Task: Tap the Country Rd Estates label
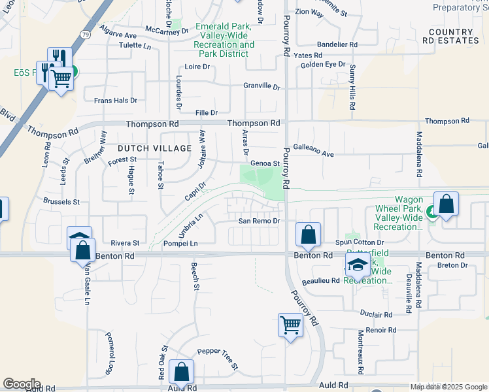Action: point(451,36)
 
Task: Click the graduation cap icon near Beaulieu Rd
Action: point(357,265)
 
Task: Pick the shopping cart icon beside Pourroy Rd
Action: point(290,324)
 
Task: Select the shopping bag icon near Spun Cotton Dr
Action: point(308,233)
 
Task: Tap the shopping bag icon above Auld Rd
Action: point(181,372)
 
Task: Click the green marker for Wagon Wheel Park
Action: point(431,212)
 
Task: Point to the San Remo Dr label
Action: point(259,221)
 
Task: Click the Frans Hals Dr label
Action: point(116,101)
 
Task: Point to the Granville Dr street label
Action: point(261,86)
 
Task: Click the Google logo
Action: point(22,384)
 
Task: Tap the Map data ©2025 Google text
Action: point(448,387)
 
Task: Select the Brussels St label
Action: point(61,202)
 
